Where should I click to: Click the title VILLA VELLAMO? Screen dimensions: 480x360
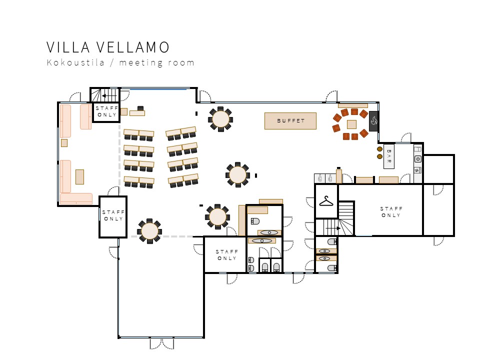[108, 47]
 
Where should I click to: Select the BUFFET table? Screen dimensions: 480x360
[290, 121]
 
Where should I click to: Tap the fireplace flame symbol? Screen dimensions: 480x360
[374, 121]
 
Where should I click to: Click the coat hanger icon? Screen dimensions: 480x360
[326, 201]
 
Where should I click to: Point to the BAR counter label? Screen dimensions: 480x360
[389, 156]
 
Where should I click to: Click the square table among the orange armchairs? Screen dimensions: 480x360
[351, 124]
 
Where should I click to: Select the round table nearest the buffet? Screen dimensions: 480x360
[220, 119]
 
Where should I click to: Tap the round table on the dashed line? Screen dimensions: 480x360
[149, 231]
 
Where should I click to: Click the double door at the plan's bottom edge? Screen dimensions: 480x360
[162, 343]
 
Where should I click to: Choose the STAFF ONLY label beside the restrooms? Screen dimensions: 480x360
[226, 255]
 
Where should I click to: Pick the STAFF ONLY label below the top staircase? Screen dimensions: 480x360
[106, 111]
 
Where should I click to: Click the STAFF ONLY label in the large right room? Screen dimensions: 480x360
[391, 212]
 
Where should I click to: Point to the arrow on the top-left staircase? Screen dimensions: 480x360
[109, 96]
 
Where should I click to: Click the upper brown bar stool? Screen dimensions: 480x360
[379, 149]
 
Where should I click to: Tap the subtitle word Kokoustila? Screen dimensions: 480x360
[75, 62]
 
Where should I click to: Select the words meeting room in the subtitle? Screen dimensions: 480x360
[156, 63]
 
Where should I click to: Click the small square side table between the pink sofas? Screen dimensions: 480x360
[64, 143]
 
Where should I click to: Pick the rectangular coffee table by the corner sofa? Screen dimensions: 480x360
[79, 177]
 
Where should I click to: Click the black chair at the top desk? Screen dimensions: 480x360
[140, 108]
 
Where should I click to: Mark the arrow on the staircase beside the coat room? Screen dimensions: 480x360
[333, 228]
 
